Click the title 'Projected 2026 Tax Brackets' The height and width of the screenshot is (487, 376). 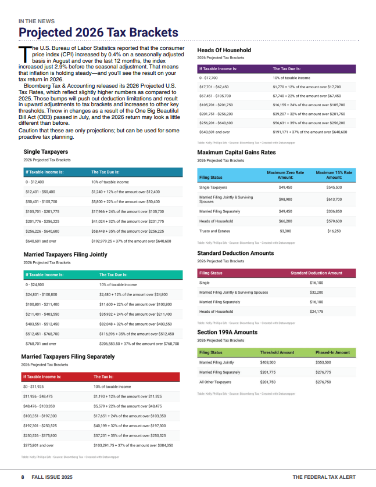[x=98, y=32]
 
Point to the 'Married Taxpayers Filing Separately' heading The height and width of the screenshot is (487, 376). [x=67, y=356]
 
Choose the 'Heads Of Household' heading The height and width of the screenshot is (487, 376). [x=224, y=50]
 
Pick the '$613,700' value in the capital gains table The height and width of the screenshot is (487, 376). [x=334, y=199]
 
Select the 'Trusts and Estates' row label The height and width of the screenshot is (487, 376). [x=214, y=231]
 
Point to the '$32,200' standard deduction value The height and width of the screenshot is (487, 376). [x=317, y=293]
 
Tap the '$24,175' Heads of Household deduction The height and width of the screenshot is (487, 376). [x=317, y=312]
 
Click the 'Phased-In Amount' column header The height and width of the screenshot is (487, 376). [x=332, y=352]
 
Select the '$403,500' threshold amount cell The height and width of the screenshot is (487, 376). [x=268, y=362]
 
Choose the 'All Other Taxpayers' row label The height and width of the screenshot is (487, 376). [x=215, y=382]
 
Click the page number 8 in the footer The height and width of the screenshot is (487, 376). [x=23, y=477]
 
